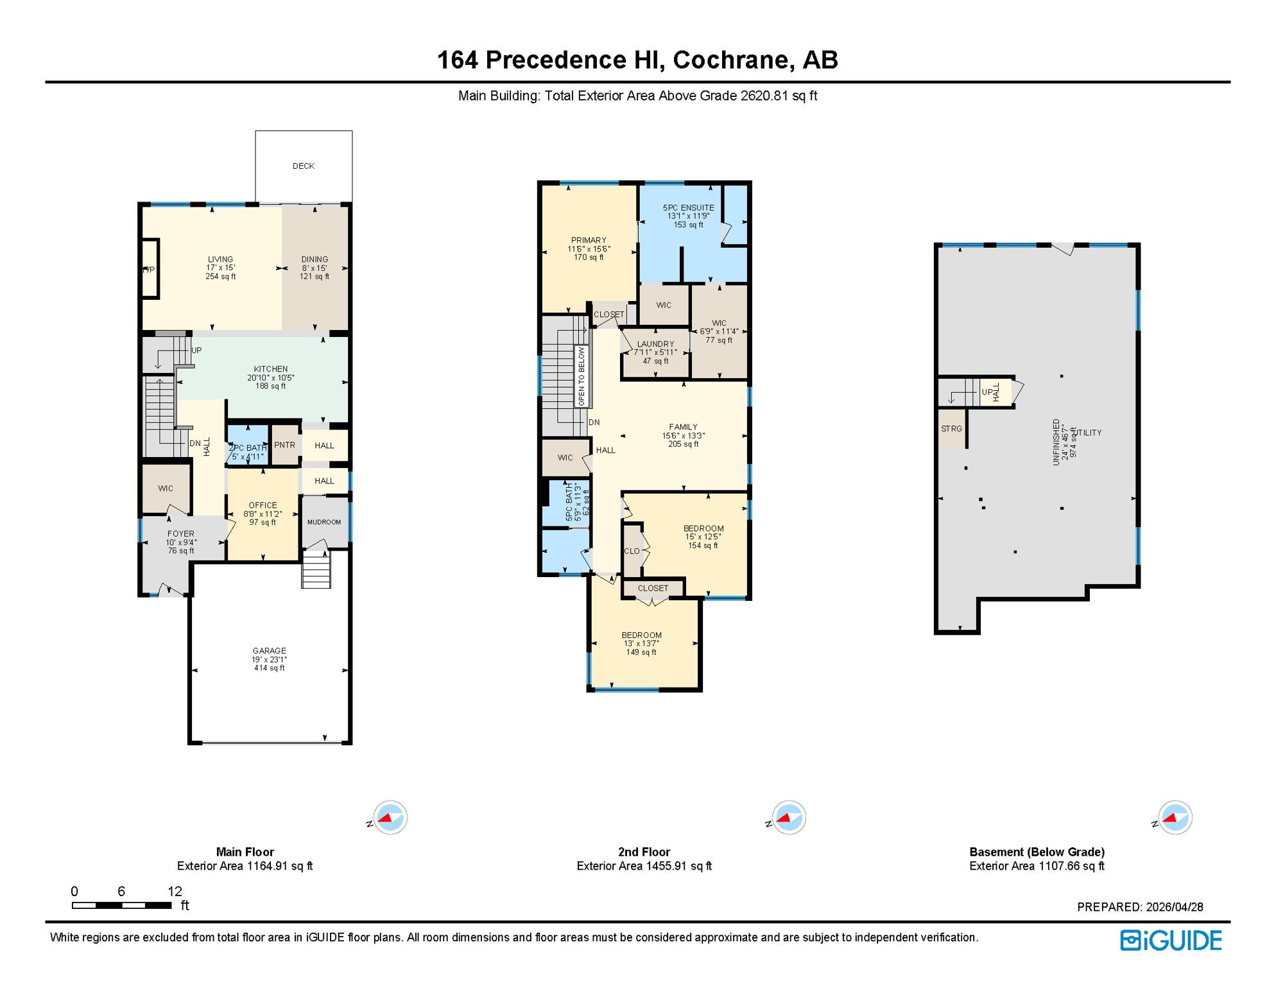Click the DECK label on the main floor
pos(304,166)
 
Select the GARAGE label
pos(270,651)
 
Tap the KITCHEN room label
pos(270,369)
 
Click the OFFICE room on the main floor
pos(263,514)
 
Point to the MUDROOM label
pos(324,522)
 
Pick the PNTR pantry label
pos(285,445)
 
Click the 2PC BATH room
pos(248,447)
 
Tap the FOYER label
pos(181,533)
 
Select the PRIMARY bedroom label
pos(589,241)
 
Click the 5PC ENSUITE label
pos(688,208)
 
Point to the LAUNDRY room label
pos(655,344)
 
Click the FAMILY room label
pos(683,427)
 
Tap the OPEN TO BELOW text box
pos(582,376)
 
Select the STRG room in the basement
pos(951,429)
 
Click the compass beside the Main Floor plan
pos(390,818)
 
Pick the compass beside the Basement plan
pos(1175,818)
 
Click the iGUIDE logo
pos(1171,940)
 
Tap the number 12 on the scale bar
pos(175,891)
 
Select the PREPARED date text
pos(1140,907)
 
